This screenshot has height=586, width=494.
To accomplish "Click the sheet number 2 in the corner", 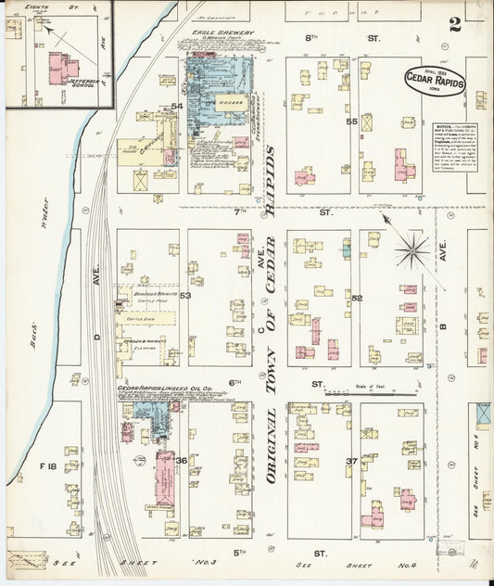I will pyautogui.click(x=455, y=24).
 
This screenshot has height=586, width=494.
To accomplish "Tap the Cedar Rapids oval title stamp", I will pyautogui.click(x=435, y=81).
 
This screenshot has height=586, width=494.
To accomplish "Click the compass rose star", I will pyautogui.click(x=412, y=249).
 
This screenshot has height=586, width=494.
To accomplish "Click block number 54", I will pyautogui.click(x=177, y=107).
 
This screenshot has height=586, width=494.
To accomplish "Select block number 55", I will pyautogui.click(x=351, y=121).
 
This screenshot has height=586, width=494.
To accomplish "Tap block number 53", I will pyautogui.click(x=185, y=296).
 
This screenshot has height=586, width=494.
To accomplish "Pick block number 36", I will pyautogui.click(x=182, y=460).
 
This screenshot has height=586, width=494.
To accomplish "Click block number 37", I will pyautogui.click(x=351, y=461).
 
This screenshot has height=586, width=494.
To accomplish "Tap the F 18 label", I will pyautogui.click(x=48, y=465).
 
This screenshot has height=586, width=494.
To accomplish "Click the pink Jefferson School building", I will pyautogui.click(x=61, y=68).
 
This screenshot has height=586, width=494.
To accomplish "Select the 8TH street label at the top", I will pyautogui.click(x=311, y=38).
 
